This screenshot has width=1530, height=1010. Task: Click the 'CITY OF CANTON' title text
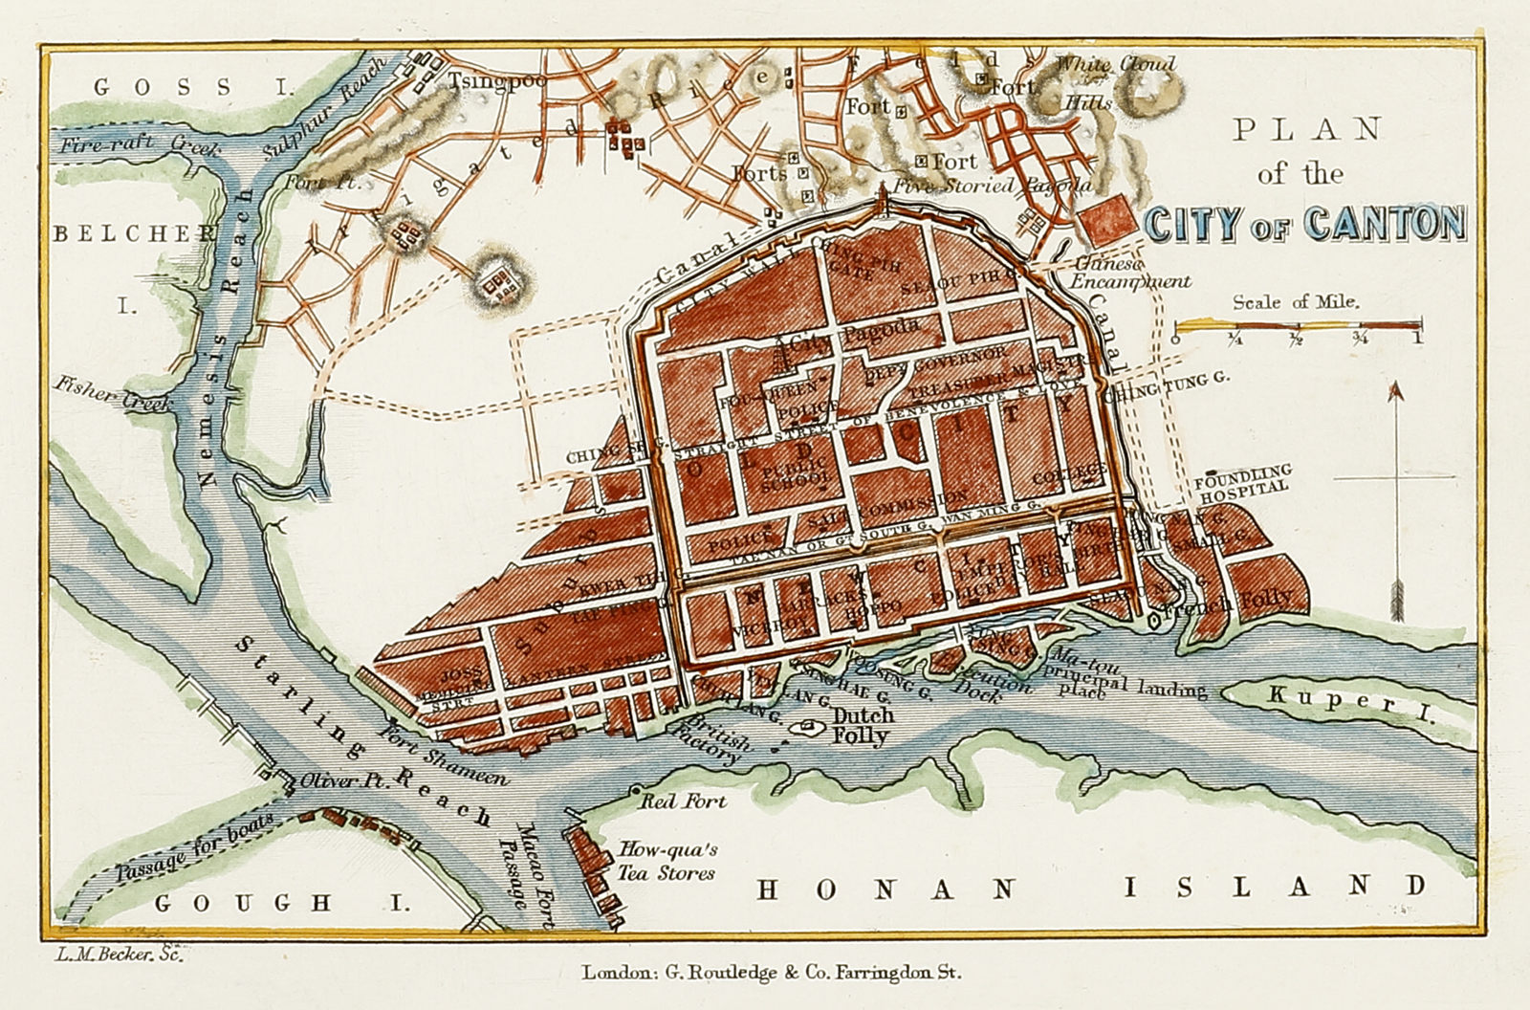pos(1303,224)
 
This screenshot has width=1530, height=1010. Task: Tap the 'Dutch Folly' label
pos(863,726)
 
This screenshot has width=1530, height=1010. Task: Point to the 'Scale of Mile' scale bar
pos(1297,328)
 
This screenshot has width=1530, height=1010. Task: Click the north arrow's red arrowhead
pos(1395,391)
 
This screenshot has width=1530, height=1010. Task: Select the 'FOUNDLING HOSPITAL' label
pos(1243,478)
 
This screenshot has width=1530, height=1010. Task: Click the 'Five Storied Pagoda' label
pos(990,186)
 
